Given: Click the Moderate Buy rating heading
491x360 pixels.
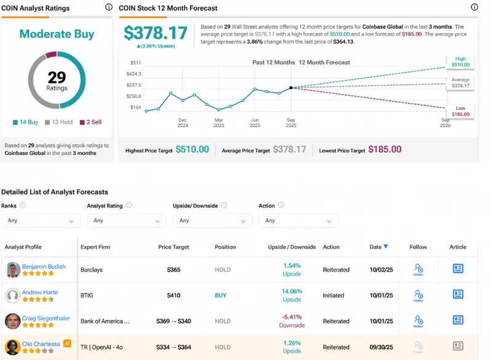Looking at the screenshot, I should [x=57, y=34].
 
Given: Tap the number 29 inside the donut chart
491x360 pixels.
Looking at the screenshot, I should [x=57, y=77].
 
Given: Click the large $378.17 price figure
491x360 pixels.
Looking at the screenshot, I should [x=156, y=33].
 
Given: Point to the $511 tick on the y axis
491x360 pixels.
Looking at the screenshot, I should [x=136, y=63].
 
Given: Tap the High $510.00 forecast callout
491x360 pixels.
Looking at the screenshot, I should [x=460, y=62].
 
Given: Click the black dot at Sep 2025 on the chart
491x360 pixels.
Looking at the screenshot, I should [x=291, y=88].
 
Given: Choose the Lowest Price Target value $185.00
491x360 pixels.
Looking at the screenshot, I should [x=385, y=149].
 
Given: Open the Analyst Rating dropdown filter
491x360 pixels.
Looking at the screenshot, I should [x=126, y=221].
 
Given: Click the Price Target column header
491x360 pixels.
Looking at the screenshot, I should [x=173, y=247].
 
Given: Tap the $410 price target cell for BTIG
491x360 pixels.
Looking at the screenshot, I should [x=173, y=295].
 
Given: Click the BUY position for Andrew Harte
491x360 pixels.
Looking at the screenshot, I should [x=221, y=295].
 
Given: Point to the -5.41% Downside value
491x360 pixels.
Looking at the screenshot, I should [x=292, y=318].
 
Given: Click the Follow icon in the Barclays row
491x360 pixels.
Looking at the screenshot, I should [x=418, y=269].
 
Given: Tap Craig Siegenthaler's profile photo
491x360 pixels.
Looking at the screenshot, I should [x=13, y=321].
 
